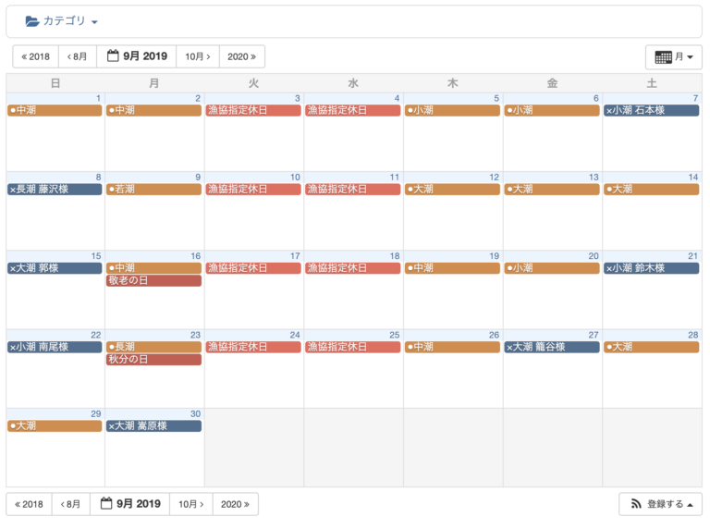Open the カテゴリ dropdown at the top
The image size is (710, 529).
(x=62, y=21)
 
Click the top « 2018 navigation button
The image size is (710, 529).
(x=36, y=56)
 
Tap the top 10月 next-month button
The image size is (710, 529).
(x=197, y=56)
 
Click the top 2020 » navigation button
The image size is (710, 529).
(x=242, y=56)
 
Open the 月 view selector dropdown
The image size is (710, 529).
(x=673, y=57)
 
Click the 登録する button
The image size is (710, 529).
(x=659, y=504)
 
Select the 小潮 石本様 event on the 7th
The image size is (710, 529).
(x=651, y=110)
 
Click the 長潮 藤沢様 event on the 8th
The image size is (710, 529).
(x=55, y=189)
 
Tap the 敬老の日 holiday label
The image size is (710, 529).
(x=153, y=280)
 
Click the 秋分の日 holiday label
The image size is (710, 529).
(x=153, y=359)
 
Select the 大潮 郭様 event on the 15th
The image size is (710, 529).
(x=55, y=268)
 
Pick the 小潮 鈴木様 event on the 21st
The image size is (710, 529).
(x=651, y=268)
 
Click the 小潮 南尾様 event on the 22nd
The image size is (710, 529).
(x=55, y=347)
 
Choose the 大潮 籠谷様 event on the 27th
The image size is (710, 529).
(x=552, y=347)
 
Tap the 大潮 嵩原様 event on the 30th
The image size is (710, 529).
(x=153, y=426)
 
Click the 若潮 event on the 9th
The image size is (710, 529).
(x=153, y=189)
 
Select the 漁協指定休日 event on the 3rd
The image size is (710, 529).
(x=253, y=110)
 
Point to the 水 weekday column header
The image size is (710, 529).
(x=353, y=83)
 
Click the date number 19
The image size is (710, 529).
(x=495, y=256)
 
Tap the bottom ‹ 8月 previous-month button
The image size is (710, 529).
(x=70, y=504)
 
